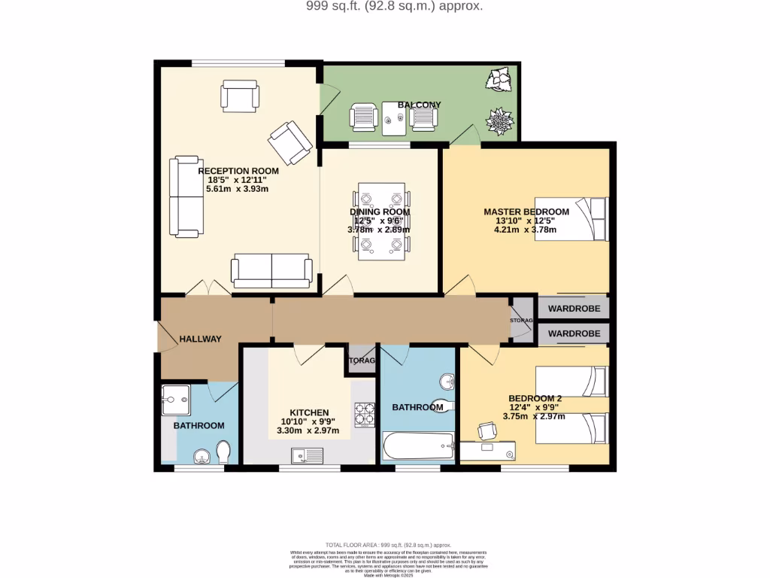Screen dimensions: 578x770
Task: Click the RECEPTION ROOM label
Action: coord(238,172)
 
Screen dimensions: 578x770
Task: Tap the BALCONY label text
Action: coord(419,105)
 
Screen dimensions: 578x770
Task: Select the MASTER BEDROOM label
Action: coord(526,212)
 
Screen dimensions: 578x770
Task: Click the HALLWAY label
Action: coord(200,339)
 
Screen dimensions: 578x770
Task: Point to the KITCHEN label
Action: coord(309,412)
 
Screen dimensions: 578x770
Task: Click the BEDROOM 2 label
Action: coord(535,399)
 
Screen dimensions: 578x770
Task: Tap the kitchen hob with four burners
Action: coord(365,415)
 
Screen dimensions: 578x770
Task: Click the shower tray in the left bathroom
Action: coord(177,401)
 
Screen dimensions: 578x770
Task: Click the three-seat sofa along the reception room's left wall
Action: coord(185,197)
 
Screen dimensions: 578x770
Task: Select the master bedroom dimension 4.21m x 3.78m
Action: coord(526,230)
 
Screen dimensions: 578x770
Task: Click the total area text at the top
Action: coord(383,6)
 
